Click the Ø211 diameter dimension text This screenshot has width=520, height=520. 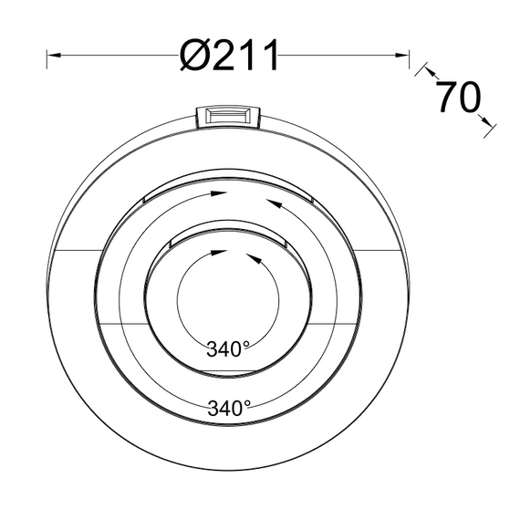pos(228,56)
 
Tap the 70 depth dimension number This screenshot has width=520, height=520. pos(457,98)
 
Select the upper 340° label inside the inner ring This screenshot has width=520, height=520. pos(227,348)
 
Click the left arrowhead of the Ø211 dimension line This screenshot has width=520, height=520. pos(52,56)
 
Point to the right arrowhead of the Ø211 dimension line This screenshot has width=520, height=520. pos(404,56)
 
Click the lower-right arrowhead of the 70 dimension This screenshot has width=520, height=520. pos(490,123)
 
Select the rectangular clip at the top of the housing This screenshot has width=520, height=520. pos(229,115)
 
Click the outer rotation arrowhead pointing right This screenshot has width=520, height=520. pos(217,193)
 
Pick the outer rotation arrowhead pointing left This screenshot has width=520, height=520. pos(269,203)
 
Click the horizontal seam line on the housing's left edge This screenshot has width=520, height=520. pos(78,249)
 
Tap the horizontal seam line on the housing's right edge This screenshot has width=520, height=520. pos(379,249)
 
